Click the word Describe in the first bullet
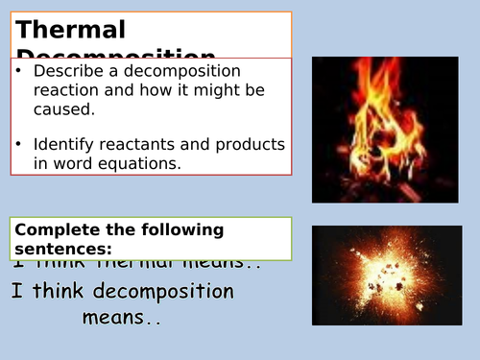pos(66,72)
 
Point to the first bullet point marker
pos(20,72)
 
